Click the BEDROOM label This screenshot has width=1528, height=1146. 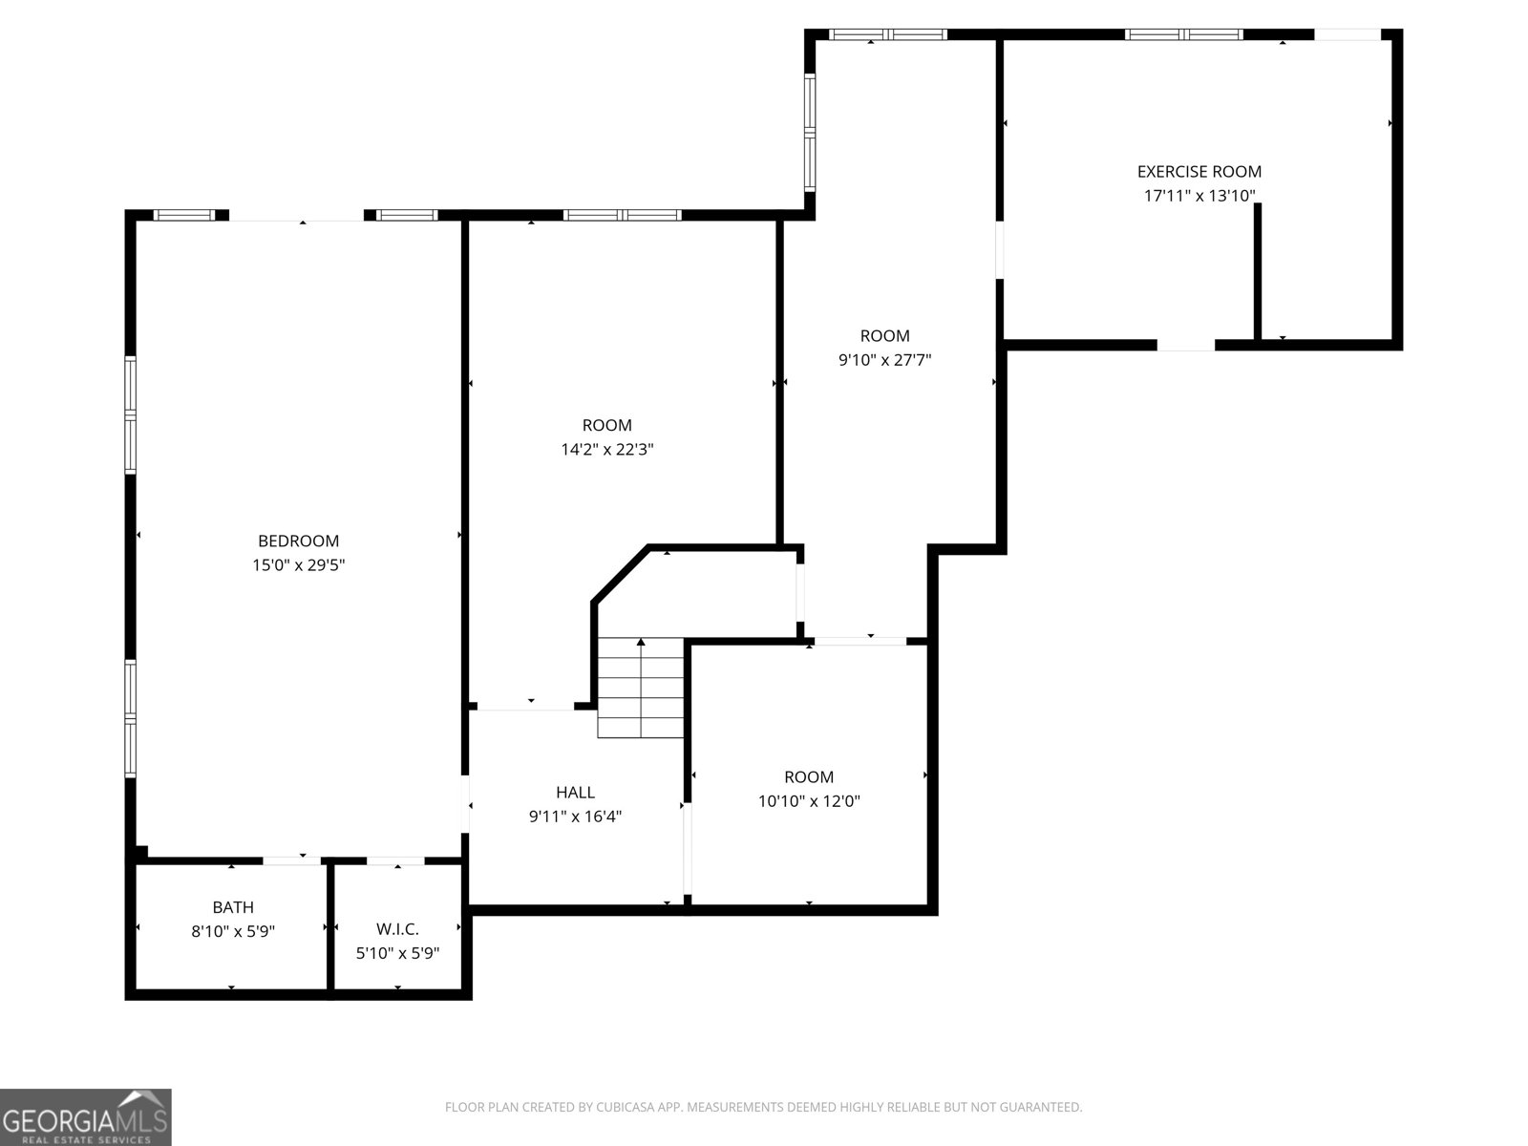coord(298,541)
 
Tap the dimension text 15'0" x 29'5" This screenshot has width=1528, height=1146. coord(298,564)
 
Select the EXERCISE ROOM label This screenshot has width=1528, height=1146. coord(1199,171)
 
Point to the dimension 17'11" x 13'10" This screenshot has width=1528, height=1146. coord(1199,196)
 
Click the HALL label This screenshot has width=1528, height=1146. coord(575,792)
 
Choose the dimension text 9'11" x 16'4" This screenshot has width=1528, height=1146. coord(575,817)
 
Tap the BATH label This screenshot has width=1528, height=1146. coord(232,906)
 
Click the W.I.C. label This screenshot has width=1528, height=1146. coord(397,929)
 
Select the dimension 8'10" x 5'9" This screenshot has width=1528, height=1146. coord(232,931)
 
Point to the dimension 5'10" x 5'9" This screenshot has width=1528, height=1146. coord(397,952)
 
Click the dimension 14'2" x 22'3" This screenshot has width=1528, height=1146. coord(607,449)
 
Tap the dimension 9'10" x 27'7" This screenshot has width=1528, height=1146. coord(884,360)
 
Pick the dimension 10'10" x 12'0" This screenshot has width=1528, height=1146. coord(808,801)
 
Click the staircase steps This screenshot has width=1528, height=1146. coord(641,688)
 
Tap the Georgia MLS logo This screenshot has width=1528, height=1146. coord(86,1116)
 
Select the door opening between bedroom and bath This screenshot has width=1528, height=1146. coord(291,860)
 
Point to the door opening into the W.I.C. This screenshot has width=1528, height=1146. coord(395,860)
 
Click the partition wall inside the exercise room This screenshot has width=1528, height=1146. coord(1257,271)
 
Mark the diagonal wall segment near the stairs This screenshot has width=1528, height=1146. coord(620,574)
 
